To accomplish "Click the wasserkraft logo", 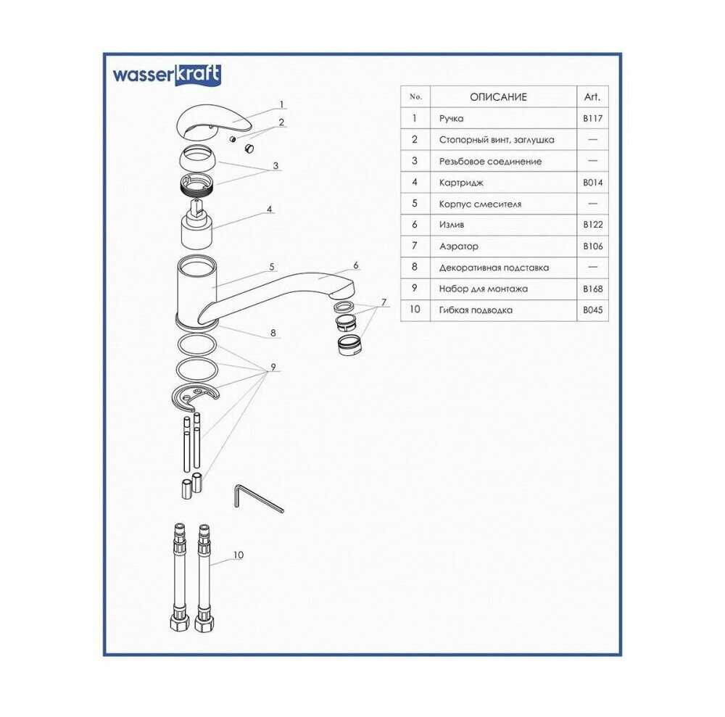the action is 167,75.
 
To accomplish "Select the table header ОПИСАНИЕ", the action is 499,97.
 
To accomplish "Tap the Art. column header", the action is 592,97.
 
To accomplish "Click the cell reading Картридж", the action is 461,183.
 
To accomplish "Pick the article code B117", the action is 593,118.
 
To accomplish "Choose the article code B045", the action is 593,310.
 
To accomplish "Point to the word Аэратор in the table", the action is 459,246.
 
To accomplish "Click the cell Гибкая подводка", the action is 476,310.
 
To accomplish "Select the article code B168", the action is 593,289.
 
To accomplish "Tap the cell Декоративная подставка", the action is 494,268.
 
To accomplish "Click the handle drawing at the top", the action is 214,121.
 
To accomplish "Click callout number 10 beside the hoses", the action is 238,555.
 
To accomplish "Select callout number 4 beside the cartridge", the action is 270,210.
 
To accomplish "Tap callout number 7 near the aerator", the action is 384,303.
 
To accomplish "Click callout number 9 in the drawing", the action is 273,367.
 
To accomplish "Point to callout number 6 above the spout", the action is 355,265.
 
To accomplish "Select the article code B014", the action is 593,183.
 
